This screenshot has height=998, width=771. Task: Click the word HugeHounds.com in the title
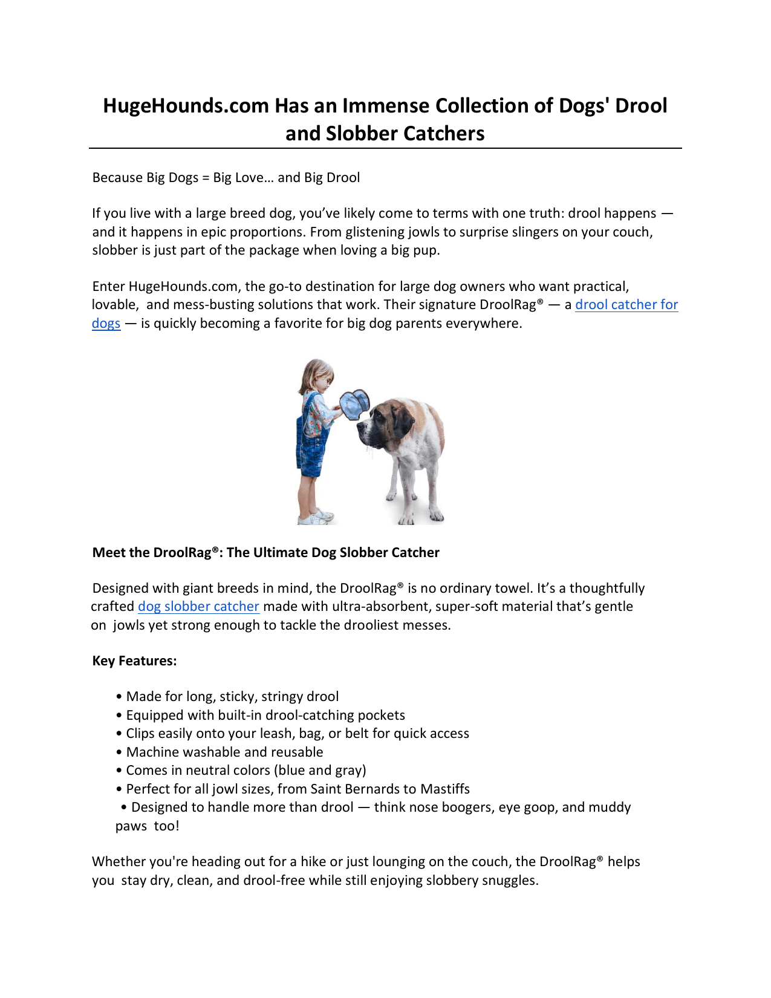[186, 106]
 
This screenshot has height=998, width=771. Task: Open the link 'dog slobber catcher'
[198, 607]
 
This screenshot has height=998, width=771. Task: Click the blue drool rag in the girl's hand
[354, 403]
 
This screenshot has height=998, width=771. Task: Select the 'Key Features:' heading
[134, 661]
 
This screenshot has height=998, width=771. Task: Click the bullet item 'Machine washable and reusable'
[224, 752]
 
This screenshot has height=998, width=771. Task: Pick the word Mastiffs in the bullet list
[445, 789]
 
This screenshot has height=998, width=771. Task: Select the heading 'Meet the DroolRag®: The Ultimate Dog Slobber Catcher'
[265, 553]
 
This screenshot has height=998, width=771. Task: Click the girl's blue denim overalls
[311, 448]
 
